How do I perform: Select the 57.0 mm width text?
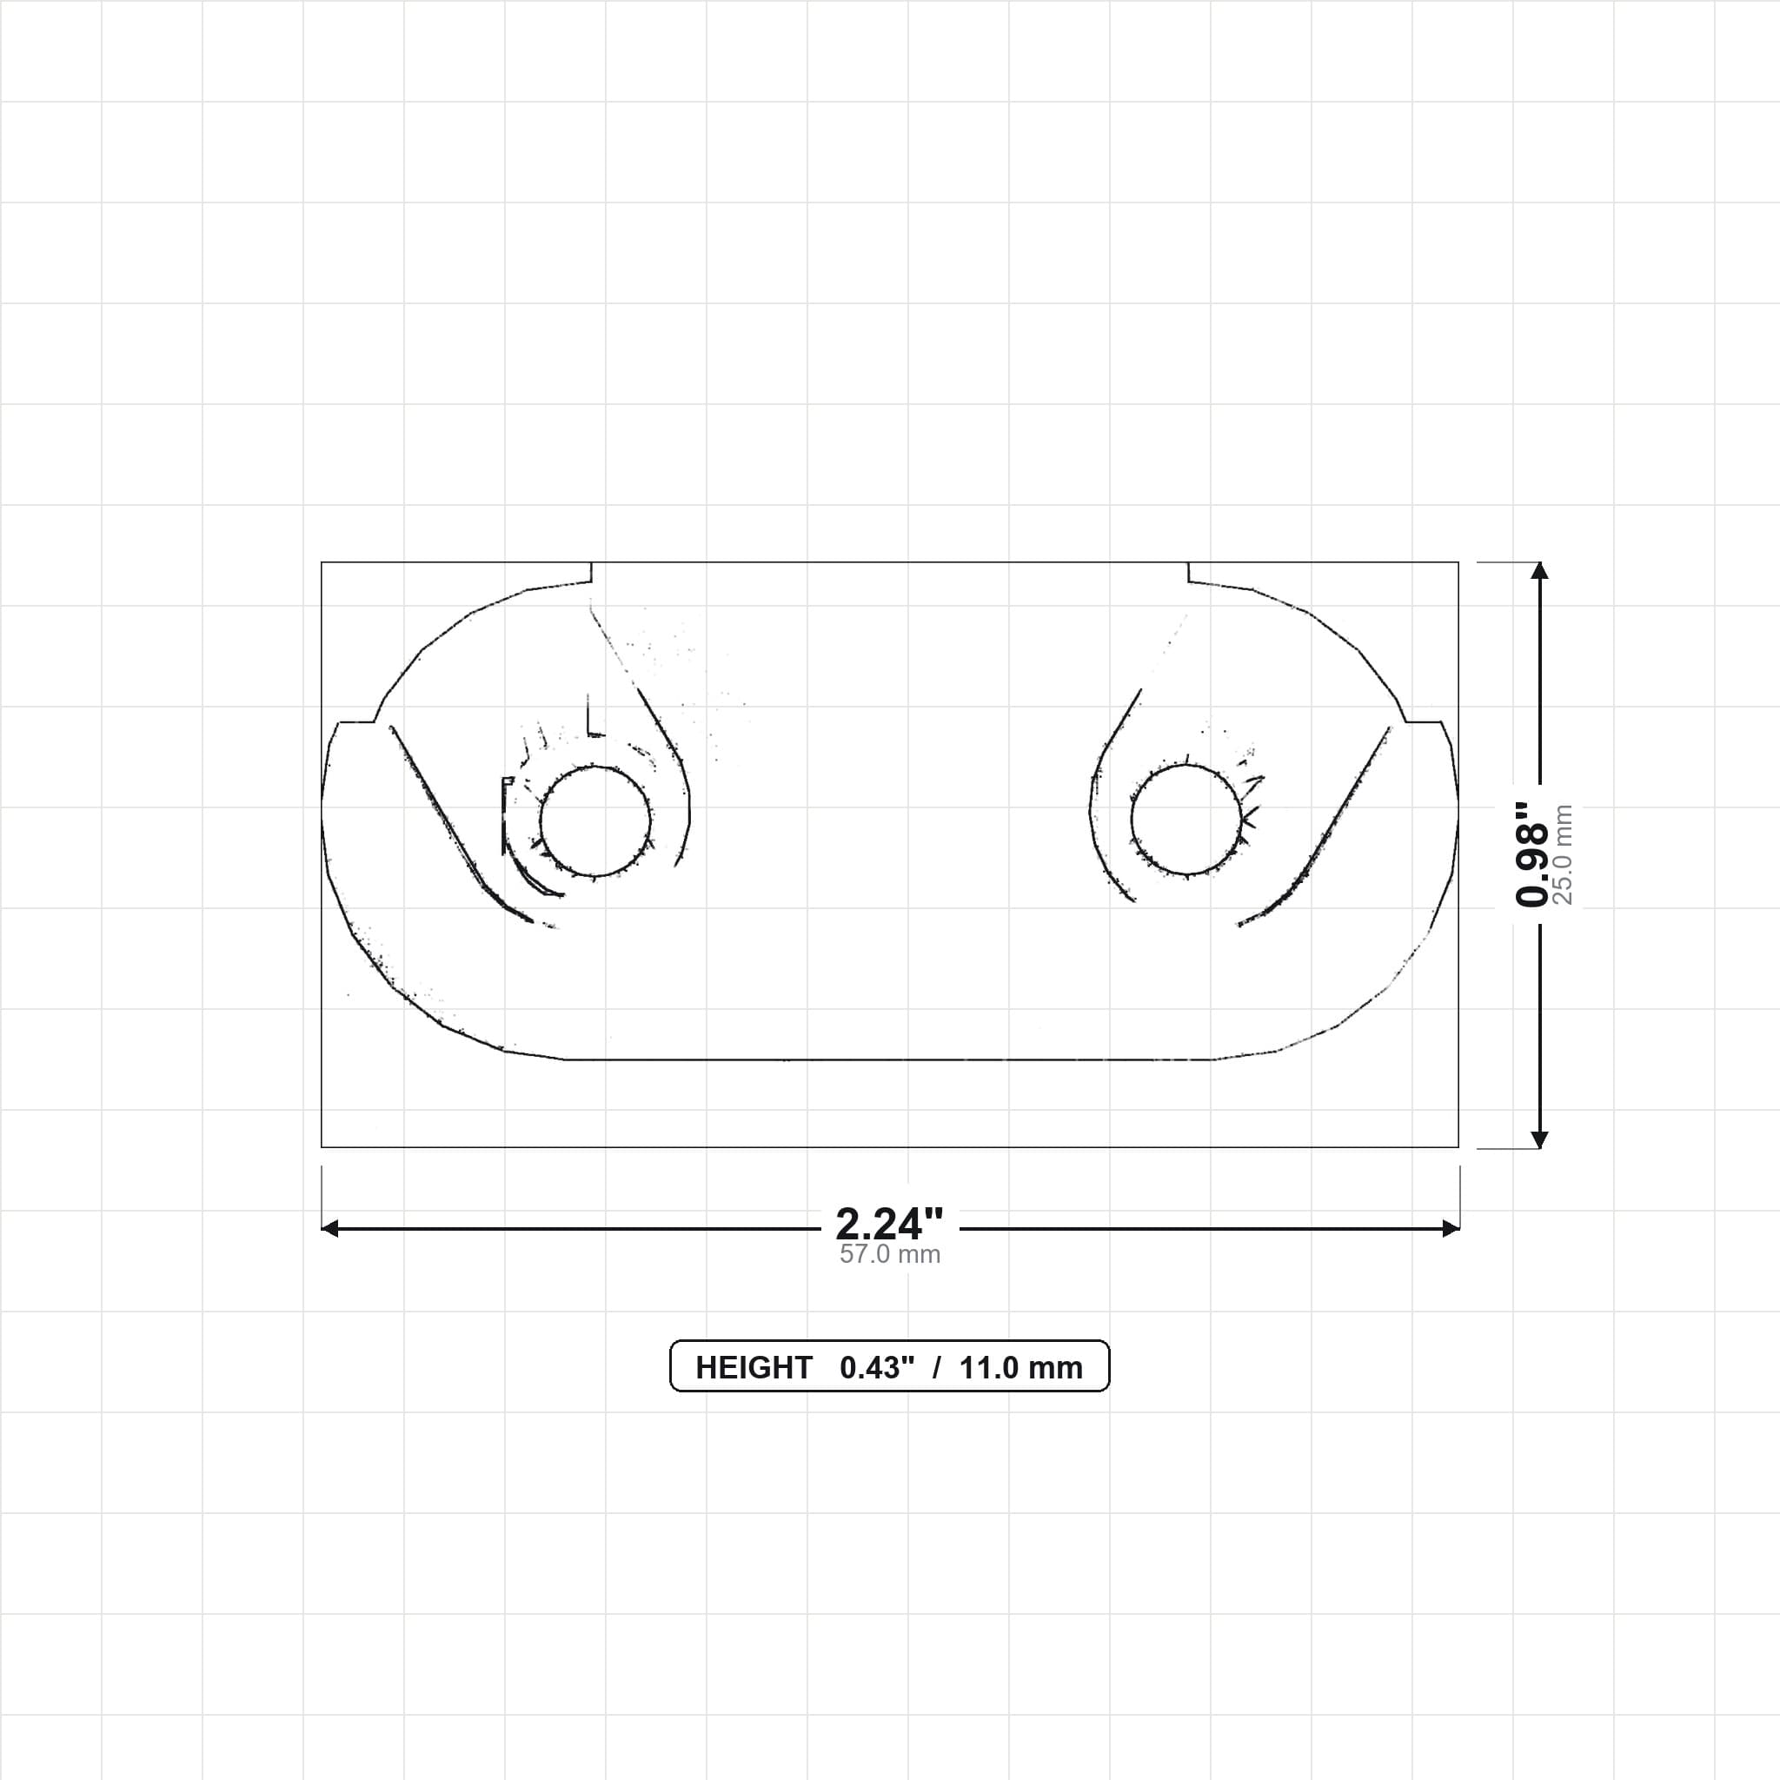pos(890,1254)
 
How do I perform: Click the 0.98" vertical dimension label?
pos(1532,854)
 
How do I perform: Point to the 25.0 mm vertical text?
pos(1563,854)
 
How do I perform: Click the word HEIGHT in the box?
pos(754,1368)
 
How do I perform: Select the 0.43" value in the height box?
pos(877,1367)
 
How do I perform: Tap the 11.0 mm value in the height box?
pos(1021,1368)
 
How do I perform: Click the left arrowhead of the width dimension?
pos(329,1228)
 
